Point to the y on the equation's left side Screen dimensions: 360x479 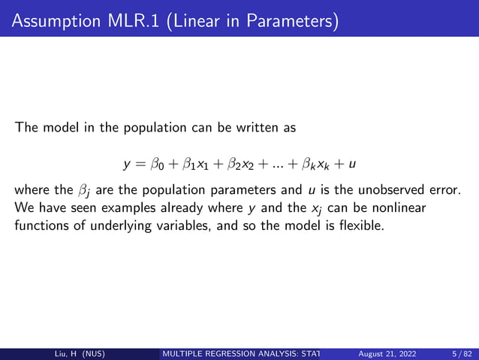pos(127,164)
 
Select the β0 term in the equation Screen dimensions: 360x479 pos(157,163)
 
